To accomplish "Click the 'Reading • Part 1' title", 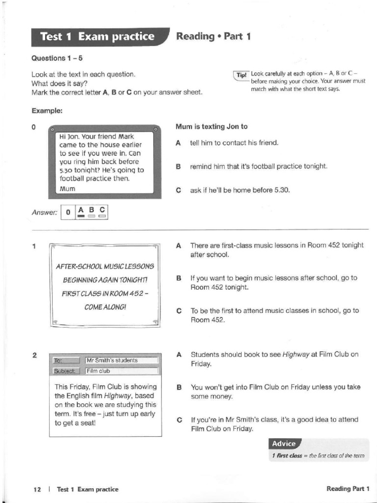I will click(213, 36).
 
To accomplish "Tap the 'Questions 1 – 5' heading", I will click(57, 58).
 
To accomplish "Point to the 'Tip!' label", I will click(242, 75).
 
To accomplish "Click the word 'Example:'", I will click(47, 111).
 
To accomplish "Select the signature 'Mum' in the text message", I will click(67, 189).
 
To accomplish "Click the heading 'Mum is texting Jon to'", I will click(212, 126).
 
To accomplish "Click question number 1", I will click(33, 246).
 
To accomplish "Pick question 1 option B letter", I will click(179, 278).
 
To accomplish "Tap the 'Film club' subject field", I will click(99, 371).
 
